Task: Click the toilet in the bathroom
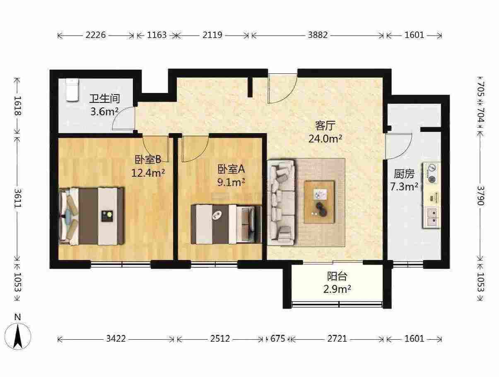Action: (72, 90)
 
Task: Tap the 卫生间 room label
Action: (104, 99)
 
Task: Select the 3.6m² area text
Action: (104, 112)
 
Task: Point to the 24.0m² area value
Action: (325, 139)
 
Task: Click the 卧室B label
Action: (148, 160)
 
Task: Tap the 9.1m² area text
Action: (231, 182)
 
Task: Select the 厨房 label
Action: (404, 174)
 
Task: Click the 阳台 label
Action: (337, 276)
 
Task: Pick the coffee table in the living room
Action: (319, 202)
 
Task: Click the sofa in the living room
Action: (281, 203)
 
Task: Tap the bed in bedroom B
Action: (92, 216)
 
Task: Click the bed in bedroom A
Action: (226, 224)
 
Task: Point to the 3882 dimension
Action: (318, 35)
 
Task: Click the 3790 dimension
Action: (481, 196)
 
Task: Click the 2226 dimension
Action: (96, 35)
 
